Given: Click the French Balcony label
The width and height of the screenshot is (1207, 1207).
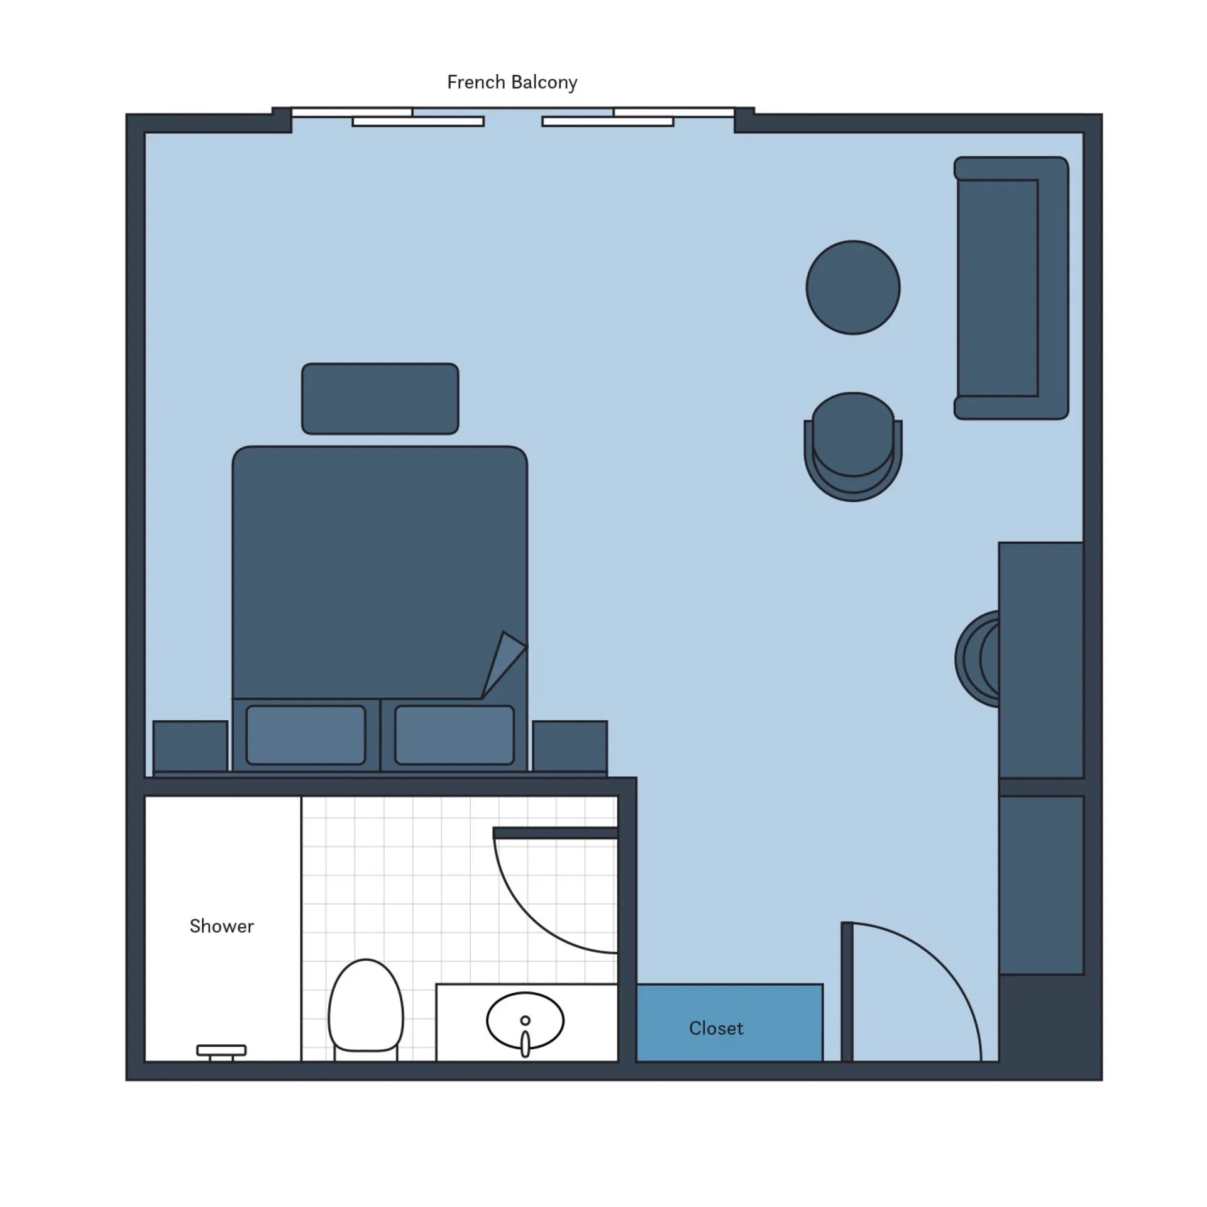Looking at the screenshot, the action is pos(512,82).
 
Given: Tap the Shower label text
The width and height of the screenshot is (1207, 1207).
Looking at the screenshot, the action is pos(222,926).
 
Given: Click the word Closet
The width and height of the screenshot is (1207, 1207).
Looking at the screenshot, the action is pos(716,1028).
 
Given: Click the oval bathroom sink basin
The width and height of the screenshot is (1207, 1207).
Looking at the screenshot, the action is pos(525,1021).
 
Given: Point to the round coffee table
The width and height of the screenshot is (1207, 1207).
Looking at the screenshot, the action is pos(853,287).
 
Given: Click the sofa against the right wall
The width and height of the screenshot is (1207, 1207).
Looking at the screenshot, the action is pos(1011,288).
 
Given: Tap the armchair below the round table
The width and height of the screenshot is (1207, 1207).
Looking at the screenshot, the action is pos(853,446).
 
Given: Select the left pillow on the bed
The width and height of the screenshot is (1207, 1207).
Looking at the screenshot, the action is pos(306,735).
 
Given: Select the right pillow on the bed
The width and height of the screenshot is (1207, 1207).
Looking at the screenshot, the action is pos(455,735).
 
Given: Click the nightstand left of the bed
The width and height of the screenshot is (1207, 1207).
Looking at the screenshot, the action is pos(190,746).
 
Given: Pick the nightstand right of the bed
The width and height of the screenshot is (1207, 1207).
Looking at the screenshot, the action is pos(570,746).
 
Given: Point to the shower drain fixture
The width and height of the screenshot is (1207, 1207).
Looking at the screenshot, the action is pos(221,1052).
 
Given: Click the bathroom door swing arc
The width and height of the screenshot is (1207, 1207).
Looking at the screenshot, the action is pos(528,918).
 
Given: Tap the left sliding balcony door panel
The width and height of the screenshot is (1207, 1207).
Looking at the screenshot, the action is pos(418,122).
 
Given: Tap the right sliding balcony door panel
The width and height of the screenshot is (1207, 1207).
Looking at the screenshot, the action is pos(608,122).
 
